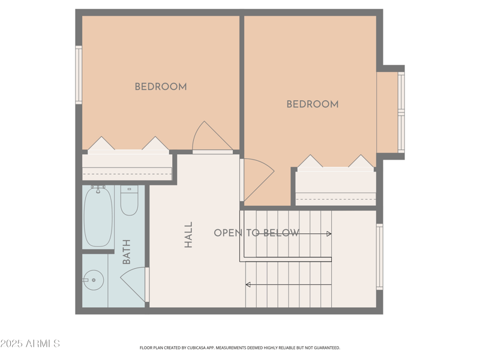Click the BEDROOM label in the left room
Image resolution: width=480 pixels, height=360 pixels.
(x=160, y=87)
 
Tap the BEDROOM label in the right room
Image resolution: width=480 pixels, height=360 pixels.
(x=312, y=104)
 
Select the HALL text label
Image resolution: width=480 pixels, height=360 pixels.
(x=188, y=235)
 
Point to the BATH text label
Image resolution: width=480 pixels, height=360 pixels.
(x=127, y=252)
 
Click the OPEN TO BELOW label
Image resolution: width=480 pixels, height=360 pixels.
(x=256, y=233)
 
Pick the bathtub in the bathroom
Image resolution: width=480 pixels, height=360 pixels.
(x=98, y=215)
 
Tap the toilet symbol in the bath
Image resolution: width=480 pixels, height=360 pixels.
(x=129, y=201)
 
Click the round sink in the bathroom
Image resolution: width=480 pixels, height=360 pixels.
(x=93, y=280)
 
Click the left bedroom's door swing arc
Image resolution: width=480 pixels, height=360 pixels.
(x=211, y=137)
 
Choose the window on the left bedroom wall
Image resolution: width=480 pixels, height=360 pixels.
(x=79, y=75)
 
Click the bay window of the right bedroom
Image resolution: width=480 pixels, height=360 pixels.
(x=401, y=112)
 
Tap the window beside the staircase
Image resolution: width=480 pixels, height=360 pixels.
(x=379, y=257)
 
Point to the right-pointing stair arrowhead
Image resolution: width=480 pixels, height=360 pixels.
(x=329, y=234)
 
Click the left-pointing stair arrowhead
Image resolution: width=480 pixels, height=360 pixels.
(x=248, y=284)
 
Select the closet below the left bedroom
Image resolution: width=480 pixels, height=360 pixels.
(x=127, y=167)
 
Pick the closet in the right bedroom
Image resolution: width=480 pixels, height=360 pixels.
(x=336, y=187)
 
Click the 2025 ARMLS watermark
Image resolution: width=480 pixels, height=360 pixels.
(x=30, y=344)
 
